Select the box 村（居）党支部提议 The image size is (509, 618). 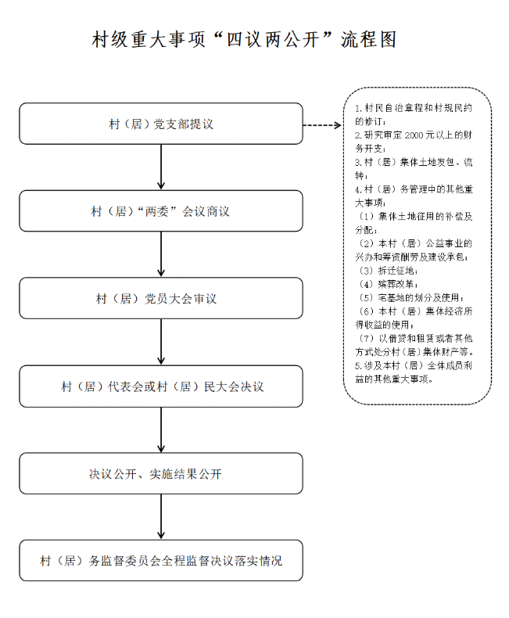click(160, 124)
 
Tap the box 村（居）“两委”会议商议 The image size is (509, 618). click(160, 211)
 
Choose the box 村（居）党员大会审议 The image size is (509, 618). click(160, 299)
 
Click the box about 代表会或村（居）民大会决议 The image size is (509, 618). click(160, 386)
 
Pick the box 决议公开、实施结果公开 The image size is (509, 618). click(160, 474)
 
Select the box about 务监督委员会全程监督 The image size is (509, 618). click(160, 561)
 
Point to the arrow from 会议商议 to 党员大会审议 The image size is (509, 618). click(160, 254)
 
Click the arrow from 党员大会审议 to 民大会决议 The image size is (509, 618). click(160, 342)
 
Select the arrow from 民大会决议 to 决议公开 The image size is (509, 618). click(160, 429)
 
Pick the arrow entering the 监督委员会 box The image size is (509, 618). click(160, 517)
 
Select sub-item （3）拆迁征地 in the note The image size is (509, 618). click(387, 269)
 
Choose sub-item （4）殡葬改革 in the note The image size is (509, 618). click(387, 283)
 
